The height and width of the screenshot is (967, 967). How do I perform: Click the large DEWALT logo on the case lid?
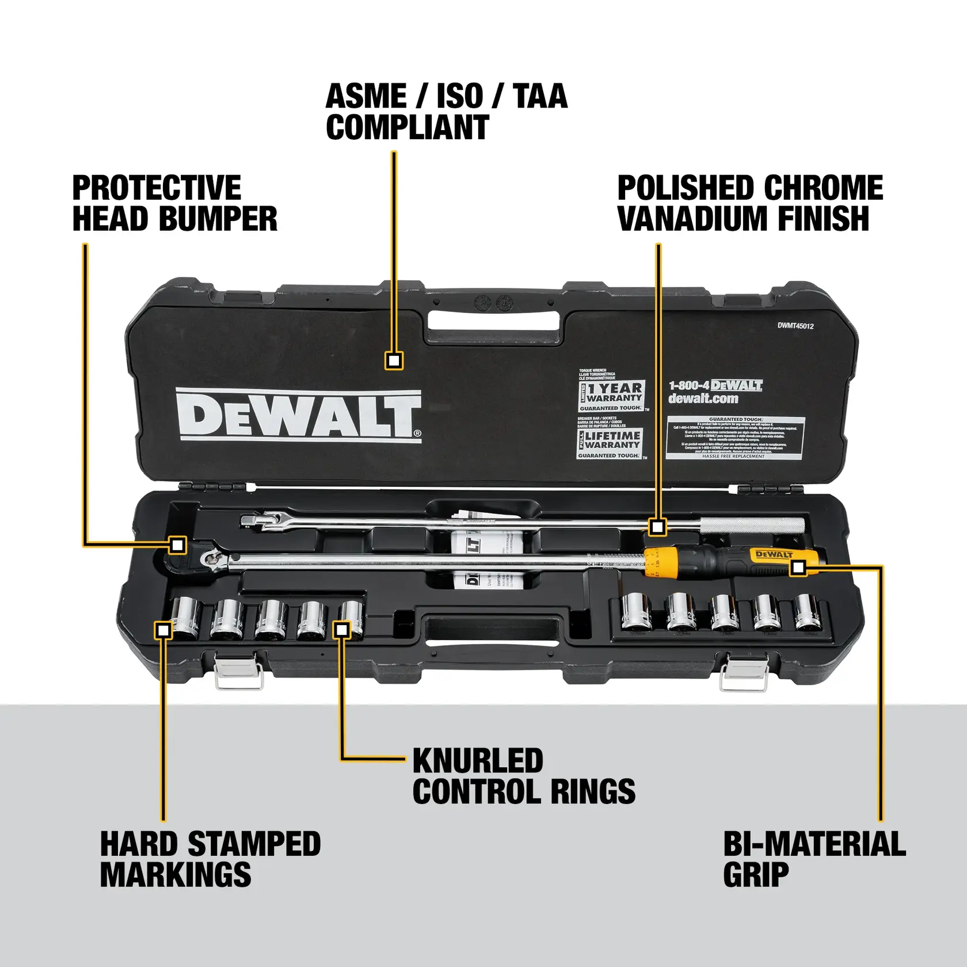pos(298,416)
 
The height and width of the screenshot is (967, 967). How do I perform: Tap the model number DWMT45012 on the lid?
pos(795,326)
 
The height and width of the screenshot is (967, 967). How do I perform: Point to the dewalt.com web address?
pos(703,398)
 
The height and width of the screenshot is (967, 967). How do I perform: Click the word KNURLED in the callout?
pos(478,761)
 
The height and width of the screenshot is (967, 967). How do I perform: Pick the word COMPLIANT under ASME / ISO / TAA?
pos(407,127)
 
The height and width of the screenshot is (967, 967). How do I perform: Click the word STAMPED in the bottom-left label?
pos(254,844)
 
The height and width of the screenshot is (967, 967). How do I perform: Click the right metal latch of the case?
pos(743,672)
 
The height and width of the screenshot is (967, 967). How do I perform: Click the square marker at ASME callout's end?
pos(394,361)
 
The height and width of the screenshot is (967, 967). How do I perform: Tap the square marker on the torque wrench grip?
pos(798,568)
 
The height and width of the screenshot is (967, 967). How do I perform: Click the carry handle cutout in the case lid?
pos(493,321)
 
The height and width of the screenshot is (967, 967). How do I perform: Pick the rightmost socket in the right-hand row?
pos(807,612)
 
